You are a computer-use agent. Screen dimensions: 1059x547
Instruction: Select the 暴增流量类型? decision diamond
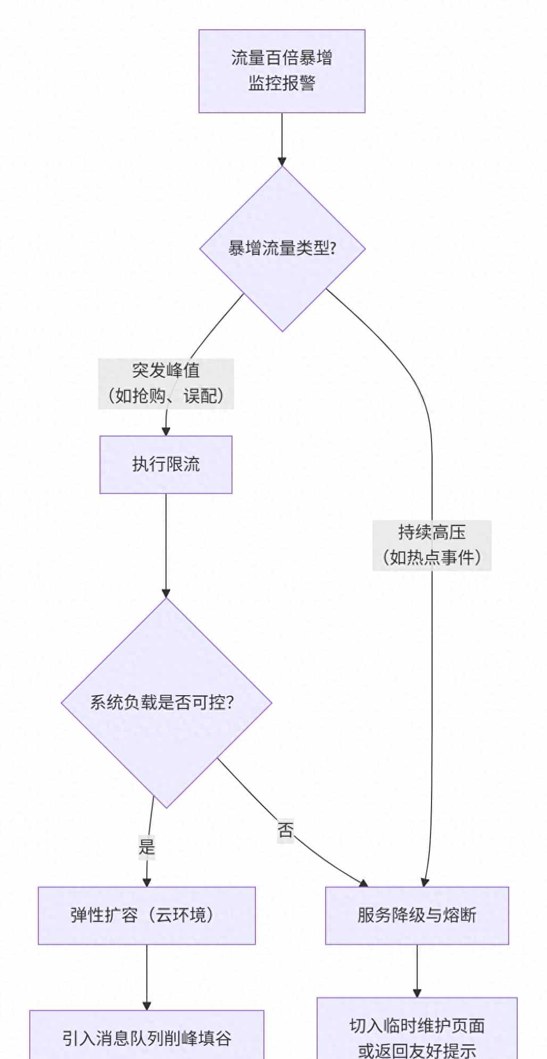(x=282, y=248)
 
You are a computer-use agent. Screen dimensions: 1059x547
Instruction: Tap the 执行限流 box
(x=165, y=464)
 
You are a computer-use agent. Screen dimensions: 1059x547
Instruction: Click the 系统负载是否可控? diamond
(x=166, y=703)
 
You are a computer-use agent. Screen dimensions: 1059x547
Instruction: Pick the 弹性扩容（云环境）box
(x=146, y=915)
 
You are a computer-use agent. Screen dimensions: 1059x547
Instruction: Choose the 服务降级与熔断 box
(x=417, y=915)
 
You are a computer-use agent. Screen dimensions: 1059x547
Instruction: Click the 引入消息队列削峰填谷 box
(x=146, y=1037)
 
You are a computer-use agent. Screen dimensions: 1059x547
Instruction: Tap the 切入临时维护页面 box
(x=417, y=1029)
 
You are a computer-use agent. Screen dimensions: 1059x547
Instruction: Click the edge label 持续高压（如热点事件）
(x=432, y=545)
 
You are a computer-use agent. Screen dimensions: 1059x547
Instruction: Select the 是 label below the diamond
(x=146, y=846)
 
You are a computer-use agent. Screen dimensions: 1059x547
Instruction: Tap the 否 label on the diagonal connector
(x=285, y=829)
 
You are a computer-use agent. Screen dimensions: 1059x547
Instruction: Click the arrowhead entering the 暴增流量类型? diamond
(x=282, y=161)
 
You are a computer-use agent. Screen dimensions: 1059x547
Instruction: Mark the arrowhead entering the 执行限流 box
(x=165, y=431)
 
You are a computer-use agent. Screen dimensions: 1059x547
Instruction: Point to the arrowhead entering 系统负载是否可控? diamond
(x=166, y=593)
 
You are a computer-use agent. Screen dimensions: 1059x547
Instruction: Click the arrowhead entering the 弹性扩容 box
(x=146, y=882)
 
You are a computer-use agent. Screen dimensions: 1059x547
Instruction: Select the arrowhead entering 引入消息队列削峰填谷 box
(x=146, y=1005)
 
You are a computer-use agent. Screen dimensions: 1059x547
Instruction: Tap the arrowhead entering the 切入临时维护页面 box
(x=417, y=993)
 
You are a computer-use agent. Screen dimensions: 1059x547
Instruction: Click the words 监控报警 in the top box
(x=281, y=83)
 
